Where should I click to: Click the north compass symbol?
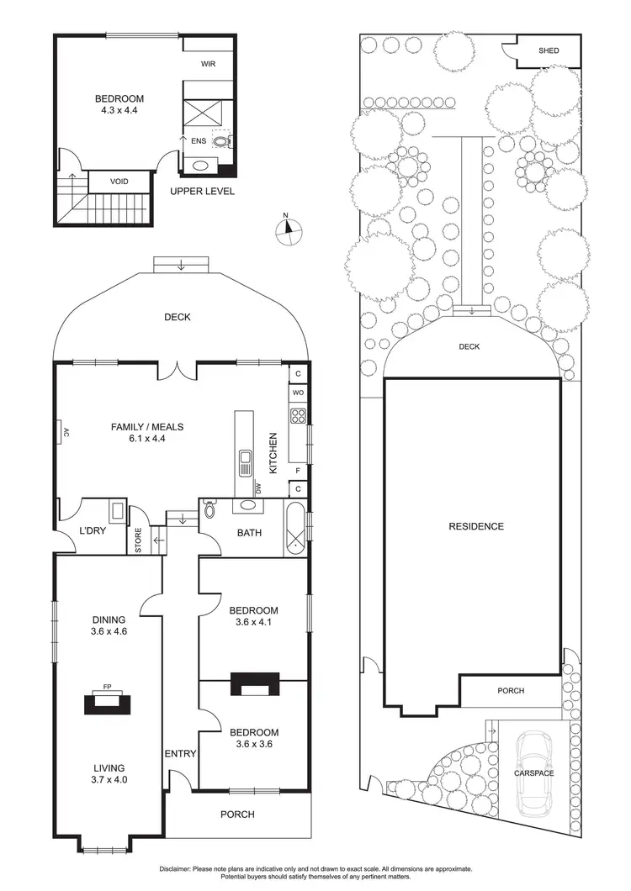click(x=288, y=229)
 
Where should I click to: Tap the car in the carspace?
click(x=534, y=772)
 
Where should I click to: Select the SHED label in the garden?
click(x=549, y=51)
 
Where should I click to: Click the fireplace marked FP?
click(x=108, y=701)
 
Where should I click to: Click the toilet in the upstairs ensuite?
click(x=224, y=142)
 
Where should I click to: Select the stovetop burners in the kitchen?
click(x=297, y=414)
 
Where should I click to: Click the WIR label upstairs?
click(x=209, y=64)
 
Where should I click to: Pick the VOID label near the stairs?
click(x=120, y=181)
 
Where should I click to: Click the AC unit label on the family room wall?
click(x=64, y=433)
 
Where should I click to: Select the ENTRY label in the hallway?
click(x=180, y=754)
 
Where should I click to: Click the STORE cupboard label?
click(x=139, y=540)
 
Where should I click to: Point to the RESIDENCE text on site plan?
click(x=475, y=527)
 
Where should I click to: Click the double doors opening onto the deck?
click(x=177, y=369)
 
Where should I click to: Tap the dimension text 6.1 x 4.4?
click(x=147, y=439)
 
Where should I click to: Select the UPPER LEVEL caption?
click(x=202, y=192)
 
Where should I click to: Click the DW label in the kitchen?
click(x=257, y=488)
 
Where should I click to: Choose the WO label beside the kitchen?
click(x=297, y=392)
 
